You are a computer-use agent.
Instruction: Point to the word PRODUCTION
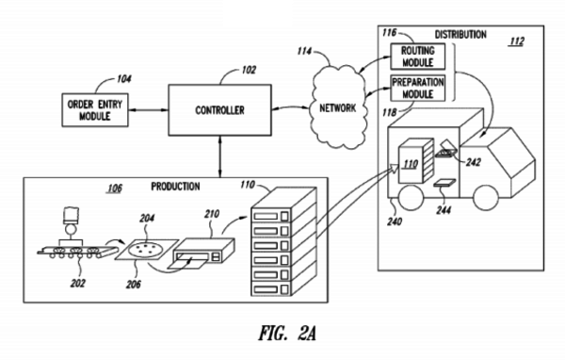pyautogui.click(x=175, y=186)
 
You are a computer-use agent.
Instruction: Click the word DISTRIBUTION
pyautogui.click(x=460, y=34)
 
